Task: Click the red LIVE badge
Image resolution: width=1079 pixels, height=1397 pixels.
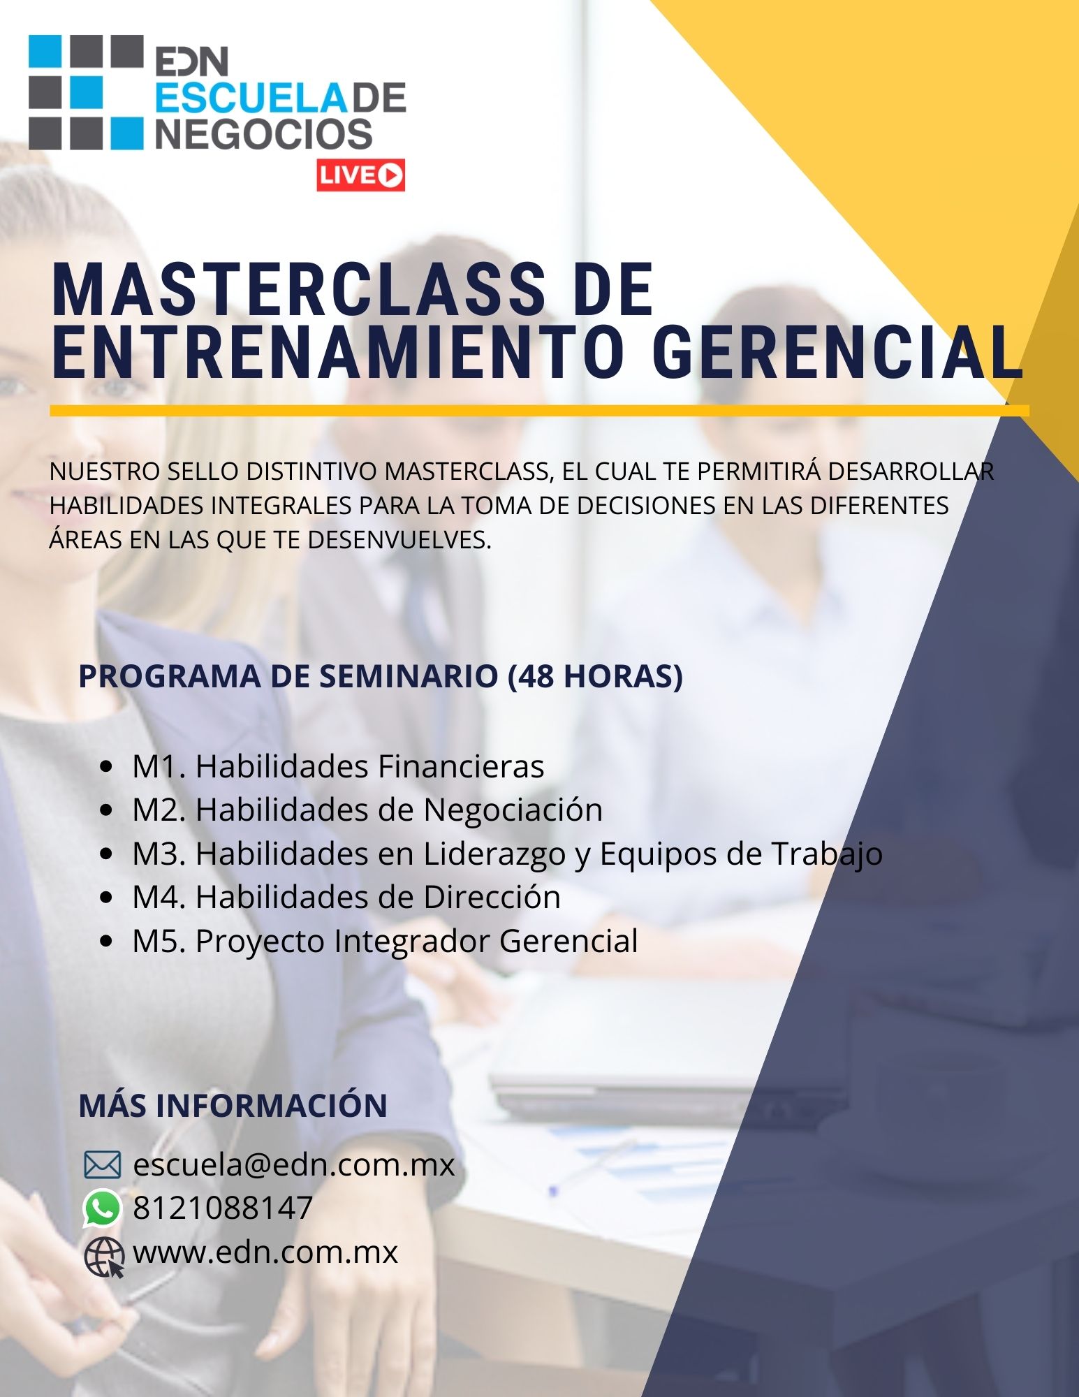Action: (x=360, y=175)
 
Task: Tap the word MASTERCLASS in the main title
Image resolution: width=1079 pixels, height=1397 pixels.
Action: (x=298, y=290)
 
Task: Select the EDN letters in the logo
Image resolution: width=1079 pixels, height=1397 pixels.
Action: (x=191, y=61)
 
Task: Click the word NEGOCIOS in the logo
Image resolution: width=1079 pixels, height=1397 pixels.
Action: (x=263, y=133)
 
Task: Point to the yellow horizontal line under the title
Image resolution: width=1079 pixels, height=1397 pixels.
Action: (x=539, y=411)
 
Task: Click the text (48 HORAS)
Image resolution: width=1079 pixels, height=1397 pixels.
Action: (x=595, y=676)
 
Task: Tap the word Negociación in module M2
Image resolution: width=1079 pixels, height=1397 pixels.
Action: (x=513, y=810)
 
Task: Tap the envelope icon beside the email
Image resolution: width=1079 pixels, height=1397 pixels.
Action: (x=102, y=1165)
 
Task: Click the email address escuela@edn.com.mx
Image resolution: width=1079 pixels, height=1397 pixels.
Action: (x=294, y=1164)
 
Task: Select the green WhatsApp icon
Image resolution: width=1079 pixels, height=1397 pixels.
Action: (x=102, y=1208)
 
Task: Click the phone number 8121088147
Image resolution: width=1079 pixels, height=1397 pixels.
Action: (x=223, y=1208)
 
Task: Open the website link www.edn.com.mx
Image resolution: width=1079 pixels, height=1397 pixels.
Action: (x=265, y=1252)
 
